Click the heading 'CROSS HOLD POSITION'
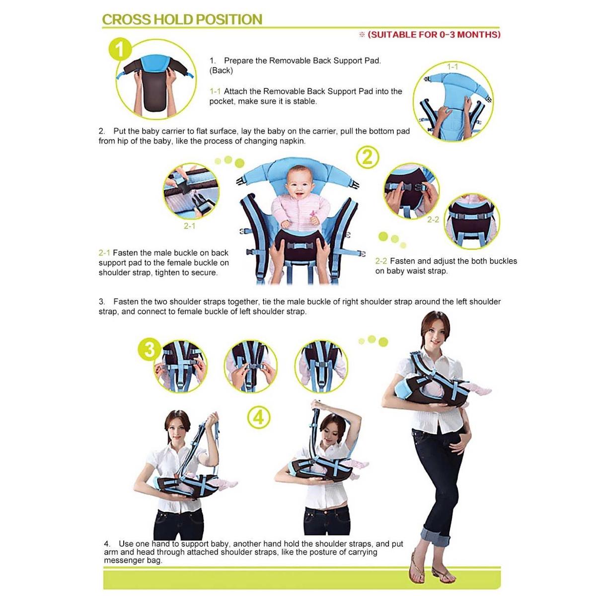[x=182, y=19]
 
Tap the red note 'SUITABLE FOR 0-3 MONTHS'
[x=434, y=34]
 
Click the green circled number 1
[x=121, y=49]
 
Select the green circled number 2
[x=368, y=157]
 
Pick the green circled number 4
[x=259, y=417]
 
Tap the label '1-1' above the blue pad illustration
[x=452, y=67]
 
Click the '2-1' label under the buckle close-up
[x=189, y=226]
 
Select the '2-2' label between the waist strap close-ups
[x=433, y=220]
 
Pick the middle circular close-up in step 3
[x=250, y=367]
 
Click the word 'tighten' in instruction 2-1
[x=171, y=273]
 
